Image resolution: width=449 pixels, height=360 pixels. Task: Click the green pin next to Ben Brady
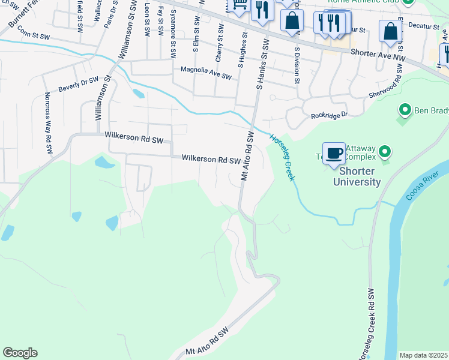(405, 110)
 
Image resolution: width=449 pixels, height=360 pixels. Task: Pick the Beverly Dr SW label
(78, 84)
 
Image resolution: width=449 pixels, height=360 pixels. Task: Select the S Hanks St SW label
(262, 62)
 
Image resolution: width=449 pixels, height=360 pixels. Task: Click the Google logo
(20, 353)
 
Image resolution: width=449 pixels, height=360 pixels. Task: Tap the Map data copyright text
(423, 355)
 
